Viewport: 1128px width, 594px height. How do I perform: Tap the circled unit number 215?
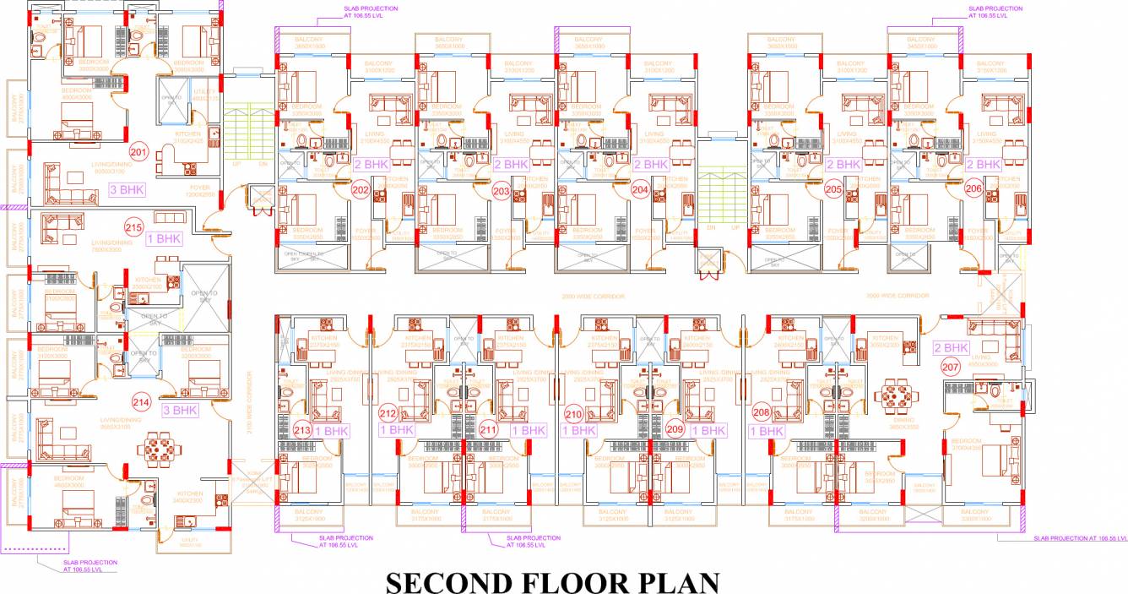133,227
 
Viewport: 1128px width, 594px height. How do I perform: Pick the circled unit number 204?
640,189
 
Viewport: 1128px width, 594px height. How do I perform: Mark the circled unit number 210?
574,414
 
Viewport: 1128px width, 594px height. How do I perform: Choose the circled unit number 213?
302,432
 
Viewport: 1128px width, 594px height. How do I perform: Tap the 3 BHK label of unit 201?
127,190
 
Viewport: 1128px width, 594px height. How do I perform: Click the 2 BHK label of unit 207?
951,347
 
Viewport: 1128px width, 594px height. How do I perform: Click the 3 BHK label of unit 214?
179,411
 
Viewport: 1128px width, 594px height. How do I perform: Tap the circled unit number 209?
675,429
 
